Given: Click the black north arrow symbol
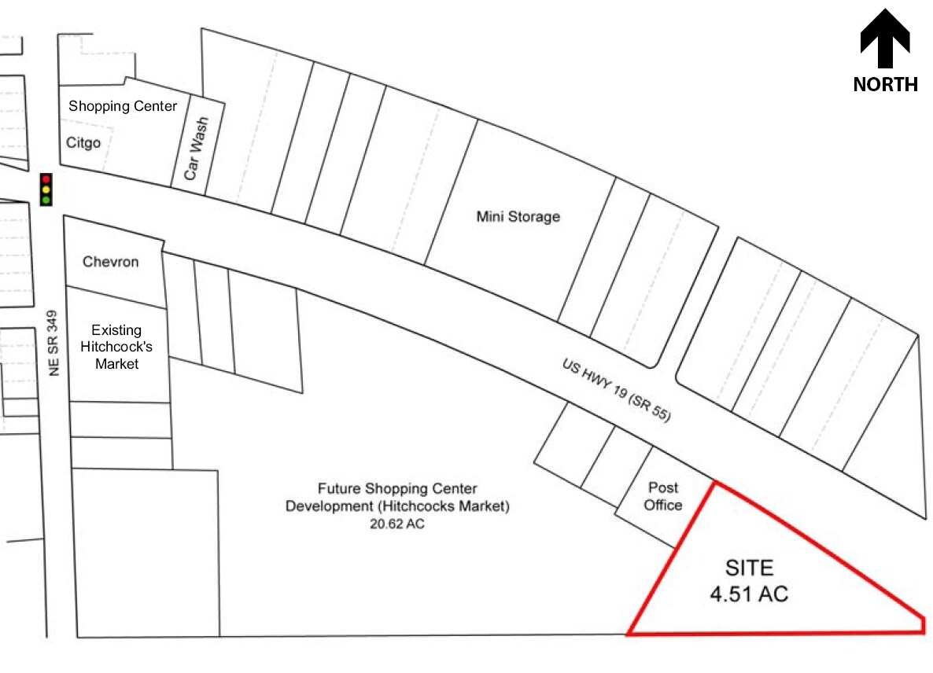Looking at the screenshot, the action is [885, 38].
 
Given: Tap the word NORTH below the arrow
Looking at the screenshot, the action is [885, 84].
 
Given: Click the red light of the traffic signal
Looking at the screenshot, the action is [46, 179].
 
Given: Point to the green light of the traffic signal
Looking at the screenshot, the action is [46, 200].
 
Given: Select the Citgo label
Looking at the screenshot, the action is [83, 143].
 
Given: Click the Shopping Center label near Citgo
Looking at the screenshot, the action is [123, 106].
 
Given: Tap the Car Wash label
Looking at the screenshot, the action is [197, 149].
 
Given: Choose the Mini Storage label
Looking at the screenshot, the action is [518, 216].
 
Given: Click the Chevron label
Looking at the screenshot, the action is [111, 262].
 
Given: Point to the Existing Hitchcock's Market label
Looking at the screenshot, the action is [116, 347].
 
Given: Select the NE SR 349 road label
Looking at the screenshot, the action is [53, 343].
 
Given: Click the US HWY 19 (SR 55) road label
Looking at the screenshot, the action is [617, 390].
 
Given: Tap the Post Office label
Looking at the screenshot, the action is [663, 496].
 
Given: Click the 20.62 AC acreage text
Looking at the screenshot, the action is [397, 524].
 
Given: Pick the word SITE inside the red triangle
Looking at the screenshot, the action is [749, 568].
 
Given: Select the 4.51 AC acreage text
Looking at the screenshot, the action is [749, 594].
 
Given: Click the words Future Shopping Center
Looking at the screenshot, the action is [397, 489].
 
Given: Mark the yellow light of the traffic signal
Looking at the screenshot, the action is [46, 189].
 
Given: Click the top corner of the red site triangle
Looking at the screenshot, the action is [715, 482].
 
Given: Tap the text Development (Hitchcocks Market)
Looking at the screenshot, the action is [397, 506].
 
